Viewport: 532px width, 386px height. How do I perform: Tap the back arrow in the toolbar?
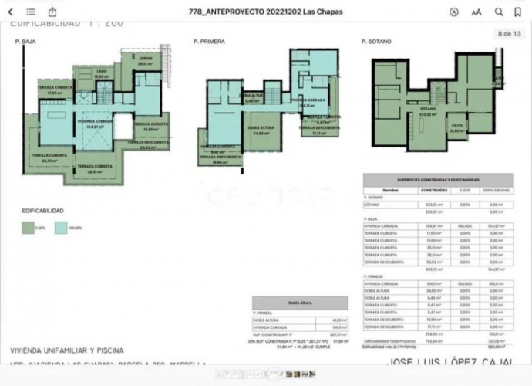11,12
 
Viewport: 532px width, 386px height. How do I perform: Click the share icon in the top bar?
52,12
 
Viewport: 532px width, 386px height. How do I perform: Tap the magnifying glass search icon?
500,12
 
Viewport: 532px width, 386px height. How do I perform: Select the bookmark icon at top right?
520,12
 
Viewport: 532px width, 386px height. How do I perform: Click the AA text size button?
476,12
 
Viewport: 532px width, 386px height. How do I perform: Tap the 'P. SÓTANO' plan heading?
377,42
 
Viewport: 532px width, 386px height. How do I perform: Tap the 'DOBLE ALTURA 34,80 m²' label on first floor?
259,130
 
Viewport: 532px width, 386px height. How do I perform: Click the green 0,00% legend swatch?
28,227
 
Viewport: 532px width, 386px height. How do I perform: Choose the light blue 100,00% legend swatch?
62,227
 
